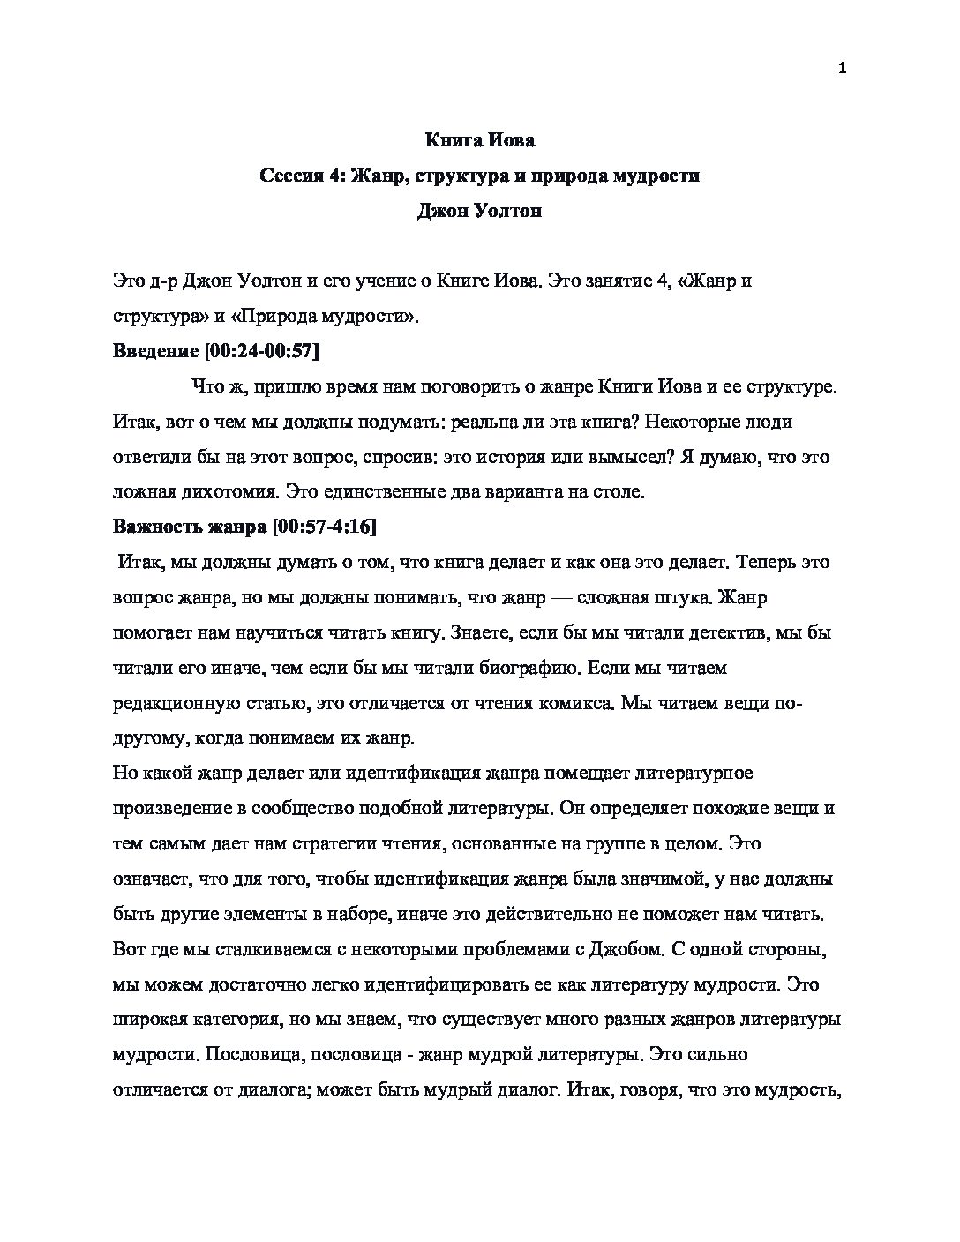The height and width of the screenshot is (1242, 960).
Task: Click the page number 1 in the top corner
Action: tap(842, 70)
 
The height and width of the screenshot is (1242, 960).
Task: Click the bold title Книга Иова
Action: tap(480, 140)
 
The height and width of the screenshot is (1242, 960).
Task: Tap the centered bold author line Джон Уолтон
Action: tap(479, 211)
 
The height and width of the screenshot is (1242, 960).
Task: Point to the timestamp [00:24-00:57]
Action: tap(261, 351)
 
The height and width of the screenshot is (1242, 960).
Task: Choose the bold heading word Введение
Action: tap(156, 351)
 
